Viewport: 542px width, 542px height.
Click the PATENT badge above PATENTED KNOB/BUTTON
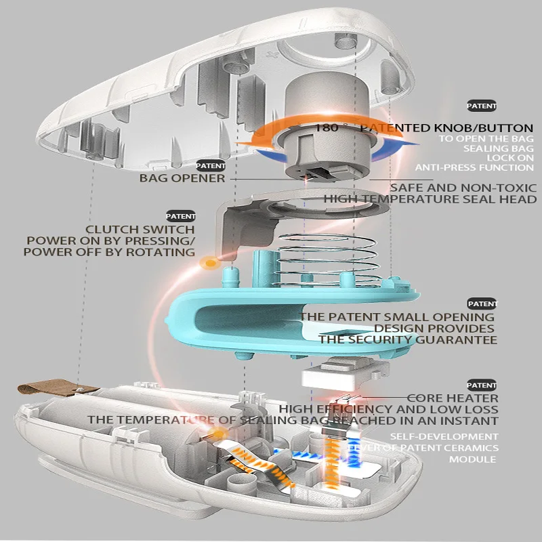(x=482, y=106)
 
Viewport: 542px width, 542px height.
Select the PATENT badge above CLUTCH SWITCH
(x=180, y=216)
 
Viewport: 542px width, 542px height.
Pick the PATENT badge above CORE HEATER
(x=482, y=385)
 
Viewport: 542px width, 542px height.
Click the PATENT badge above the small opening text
(x=482, y=304)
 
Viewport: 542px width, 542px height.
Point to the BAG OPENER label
(x=182, y=178)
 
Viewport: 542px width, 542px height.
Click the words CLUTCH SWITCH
(x=140, y=230)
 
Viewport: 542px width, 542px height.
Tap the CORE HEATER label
(x=453, y=398)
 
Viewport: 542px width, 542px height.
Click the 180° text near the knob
(x=332, y=128)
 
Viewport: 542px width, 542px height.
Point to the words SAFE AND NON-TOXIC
(x=463, y=188)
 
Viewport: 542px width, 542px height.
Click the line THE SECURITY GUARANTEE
(x=409, y=339)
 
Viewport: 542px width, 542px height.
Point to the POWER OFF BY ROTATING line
(x=109, y=252)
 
